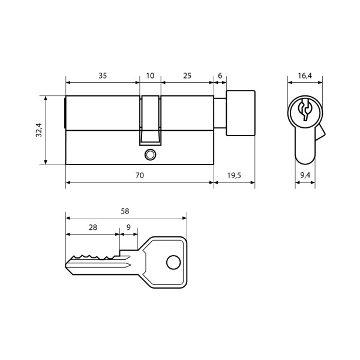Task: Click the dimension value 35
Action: [103, 76]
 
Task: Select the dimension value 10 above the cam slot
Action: [150, 76]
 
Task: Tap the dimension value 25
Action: [187, 76]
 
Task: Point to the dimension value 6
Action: [220, 76]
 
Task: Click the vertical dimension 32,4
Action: [38, 130]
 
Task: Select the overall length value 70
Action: [139, 175]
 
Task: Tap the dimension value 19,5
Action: [234, 175]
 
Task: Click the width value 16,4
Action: [305, 76]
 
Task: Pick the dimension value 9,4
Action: [305, 175]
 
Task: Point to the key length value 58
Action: [125, 211]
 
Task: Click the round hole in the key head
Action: [173, 262]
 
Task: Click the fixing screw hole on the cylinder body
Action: [149, 155]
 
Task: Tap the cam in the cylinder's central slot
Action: [150, 120]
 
